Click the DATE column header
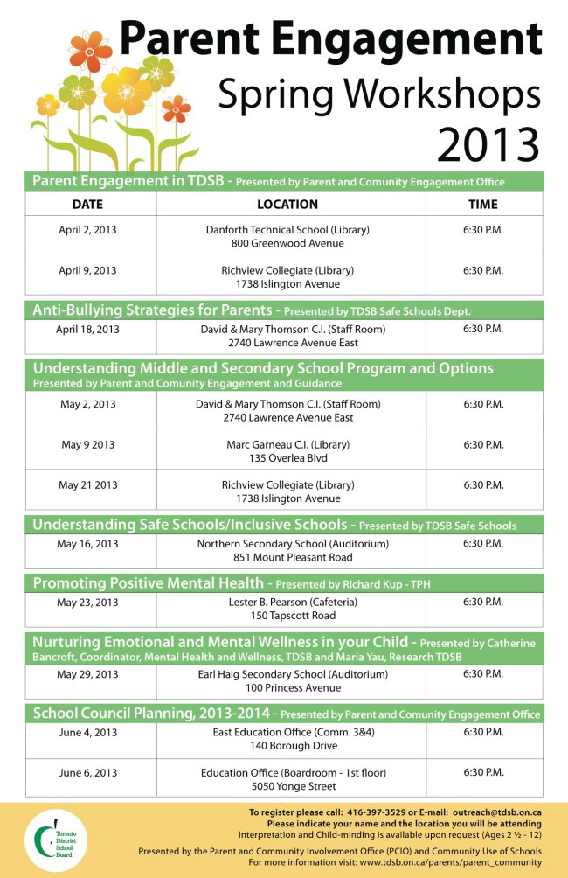(87, 204)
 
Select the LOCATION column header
(287, 204)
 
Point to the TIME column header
(483, 204)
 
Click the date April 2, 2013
(87, 230)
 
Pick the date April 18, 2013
(87, 330)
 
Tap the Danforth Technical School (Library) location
(287, 230)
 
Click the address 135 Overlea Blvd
(287, 458)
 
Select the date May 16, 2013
(87, 544)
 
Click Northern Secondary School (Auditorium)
(287, 544)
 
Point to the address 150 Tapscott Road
(287, 616)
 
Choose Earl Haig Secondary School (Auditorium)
(287, 675)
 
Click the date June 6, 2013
(87, 773)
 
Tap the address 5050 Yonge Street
(287, 786)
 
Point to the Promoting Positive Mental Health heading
(148, 583)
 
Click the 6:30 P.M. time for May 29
(483, 675)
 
